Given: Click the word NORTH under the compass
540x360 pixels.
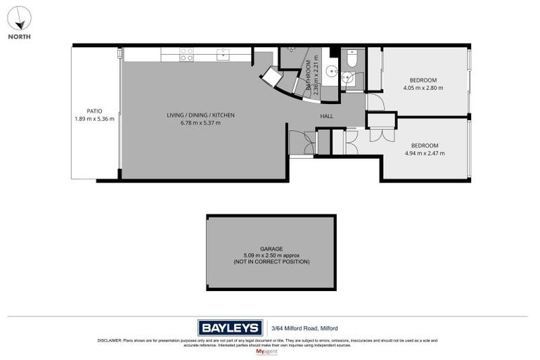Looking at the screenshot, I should point(20,37).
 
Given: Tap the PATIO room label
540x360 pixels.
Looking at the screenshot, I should point(94,110).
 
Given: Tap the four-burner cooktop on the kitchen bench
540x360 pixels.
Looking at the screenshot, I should point(186,54).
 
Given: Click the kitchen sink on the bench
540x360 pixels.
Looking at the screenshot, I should point(223,53).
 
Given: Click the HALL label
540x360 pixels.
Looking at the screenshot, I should point(327,116).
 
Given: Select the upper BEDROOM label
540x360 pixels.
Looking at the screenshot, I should point(424,79).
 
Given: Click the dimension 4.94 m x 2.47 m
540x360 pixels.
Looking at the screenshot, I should point(424,153).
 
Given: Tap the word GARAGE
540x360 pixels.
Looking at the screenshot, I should point(271,248).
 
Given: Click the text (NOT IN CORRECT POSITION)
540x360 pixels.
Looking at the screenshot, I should point(271,262).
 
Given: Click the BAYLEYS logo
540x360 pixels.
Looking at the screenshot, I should point(230,328).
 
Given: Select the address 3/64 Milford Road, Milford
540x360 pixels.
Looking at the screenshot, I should point(304,328).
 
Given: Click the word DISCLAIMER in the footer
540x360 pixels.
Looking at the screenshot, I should point(110,340).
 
